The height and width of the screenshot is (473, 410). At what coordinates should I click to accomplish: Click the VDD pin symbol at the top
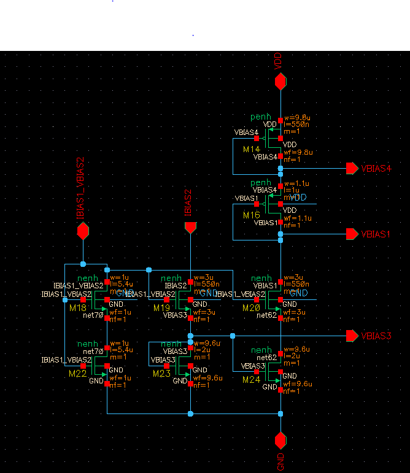click(x=280, y=81)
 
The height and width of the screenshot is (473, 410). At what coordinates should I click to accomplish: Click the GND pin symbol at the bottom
click(x=280, y=440)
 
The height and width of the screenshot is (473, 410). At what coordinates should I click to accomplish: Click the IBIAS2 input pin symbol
click(x=190, y=228)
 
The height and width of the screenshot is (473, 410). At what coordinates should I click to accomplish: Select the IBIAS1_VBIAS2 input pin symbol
click(x=83, y=231)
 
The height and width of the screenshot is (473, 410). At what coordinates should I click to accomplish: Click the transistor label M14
click(x=252, y=149)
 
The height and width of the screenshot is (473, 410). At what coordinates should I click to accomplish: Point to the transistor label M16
click(x=252, y=215)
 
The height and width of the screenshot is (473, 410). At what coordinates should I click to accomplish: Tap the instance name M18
click(x=78, y=307)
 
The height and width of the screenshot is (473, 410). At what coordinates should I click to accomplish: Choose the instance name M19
click(x=161, y=307)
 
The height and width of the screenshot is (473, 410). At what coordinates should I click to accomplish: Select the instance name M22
click(x=78, y=373)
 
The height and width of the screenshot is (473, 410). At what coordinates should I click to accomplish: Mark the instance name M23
click(x=161, y=373)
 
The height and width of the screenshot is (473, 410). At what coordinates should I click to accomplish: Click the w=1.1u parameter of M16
click(x=296, y=183)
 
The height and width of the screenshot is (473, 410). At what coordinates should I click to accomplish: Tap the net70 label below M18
click(x=93, y=315)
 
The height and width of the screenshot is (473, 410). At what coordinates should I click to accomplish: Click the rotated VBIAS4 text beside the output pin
click(x=376, y=168)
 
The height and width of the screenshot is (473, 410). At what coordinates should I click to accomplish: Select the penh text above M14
click(x=260, y=117)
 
